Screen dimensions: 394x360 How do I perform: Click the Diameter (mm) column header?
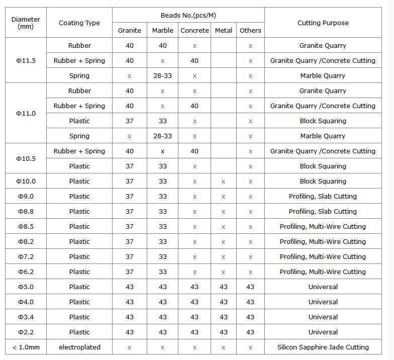[x=26, y=23]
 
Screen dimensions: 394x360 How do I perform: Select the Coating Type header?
[x=79, y=23]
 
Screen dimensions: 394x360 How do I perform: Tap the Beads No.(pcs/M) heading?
[x=188, y=15]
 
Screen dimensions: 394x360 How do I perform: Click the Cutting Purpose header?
[x=323, y=23]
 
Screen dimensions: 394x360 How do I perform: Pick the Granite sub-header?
[x=130, y=30]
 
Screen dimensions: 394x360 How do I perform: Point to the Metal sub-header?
[x=224, y=30]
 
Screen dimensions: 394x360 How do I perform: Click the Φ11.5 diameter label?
[x=26, y=60]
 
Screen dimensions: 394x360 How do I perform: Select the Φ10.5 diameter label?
[x=26, y=158]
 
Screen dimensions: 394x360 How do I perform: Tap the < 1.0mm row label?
[x=26, y=347]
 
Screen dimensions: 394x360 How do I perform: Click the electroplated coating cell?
[x=79, y=347]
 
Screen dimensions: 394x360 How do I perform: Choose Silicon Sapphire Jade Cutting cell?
[x=323, y=347]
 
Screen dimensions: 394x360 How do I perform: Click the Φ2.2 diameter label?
[x=26, y=332]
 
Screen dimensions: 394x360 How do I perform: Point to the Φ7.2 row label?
[x=26, y=256]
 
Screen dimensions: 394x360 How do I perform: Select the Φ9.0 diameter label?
[x=26, y=196]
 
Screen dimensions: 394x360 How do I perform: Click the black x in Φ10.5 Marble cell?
[x=162, y=151]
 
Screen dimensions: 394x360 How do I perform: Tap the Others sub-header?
[x=250, y=30]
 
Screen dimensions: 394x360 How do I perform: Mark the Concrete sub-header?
[x=194, y=30]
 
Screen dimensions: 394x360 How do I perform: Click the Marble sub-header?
[x=162, y=30]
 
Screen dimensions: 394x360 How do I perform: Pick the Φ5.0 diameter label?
[x=26, y=287]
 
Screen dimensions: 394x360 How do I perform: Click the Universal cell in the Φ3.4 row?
[x=323, y=317]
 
